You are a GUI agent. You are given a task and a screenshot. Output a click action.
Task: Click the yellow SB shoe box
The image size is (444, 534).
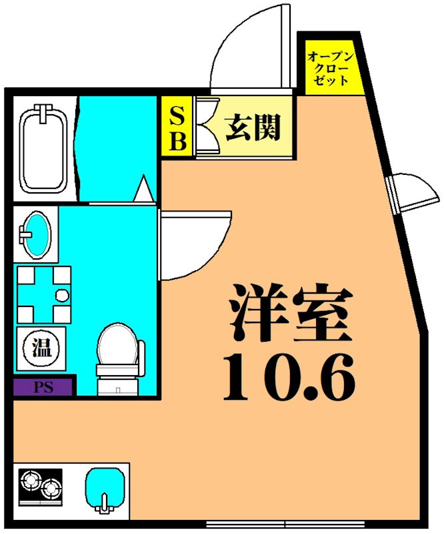[177, 126]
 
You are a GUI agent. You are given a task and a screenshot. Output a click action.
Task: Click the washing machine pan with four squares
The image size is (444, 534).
[43, 294]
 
